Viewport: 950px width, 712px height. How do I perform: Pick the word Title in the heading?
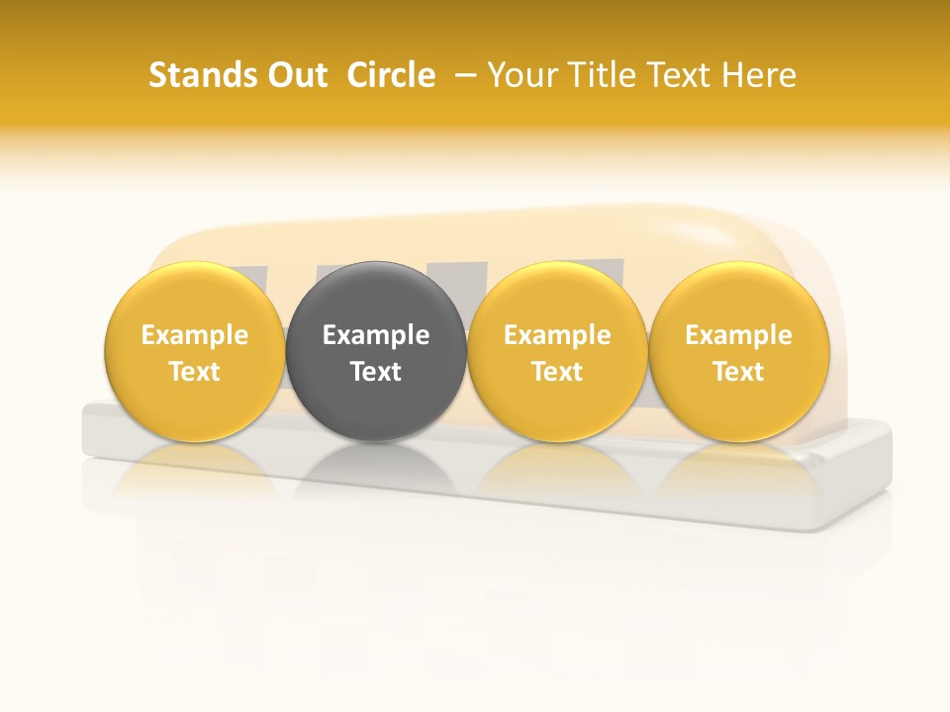point(600,75)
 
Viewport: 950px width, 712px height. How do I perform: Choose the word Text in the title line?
point(677,75)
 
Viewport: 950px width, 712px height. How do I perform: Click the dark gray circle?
point(375,297)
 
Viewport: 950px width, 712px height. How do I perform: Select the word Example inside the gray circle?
point(375,335)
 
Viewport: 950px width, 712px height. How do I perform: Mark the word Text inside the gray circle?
point(375,372)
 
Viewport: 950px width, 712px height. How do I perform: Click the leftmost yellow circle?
point(194,297)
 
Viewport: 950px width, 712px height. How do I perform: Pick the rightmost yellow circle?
point(738,297)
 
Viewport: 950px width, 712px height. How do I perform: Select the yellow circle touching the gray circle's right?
point(557,297)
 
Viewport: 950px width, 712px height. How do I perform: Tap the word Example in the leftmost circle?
point(194,335)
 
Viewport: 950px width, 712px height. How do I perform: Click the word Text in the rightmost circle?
point(738,372)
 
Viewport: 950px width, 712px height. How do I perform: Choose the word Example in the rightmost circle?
point(738,335)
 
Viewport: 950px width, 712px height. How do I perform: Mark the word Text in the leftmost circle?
point(194,372)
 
